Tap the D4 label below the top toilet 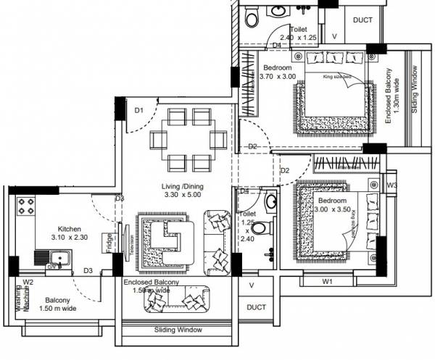(276, 46)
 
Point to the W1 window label (327, 280)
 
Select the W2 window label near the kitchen (28, 282)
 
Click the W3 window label (392, 186)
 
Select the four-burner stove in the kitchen (27, 206)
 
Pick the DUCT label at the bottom (257, 307)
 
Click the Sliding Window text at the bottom (178, 330)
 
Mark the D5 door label (244, 191)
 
